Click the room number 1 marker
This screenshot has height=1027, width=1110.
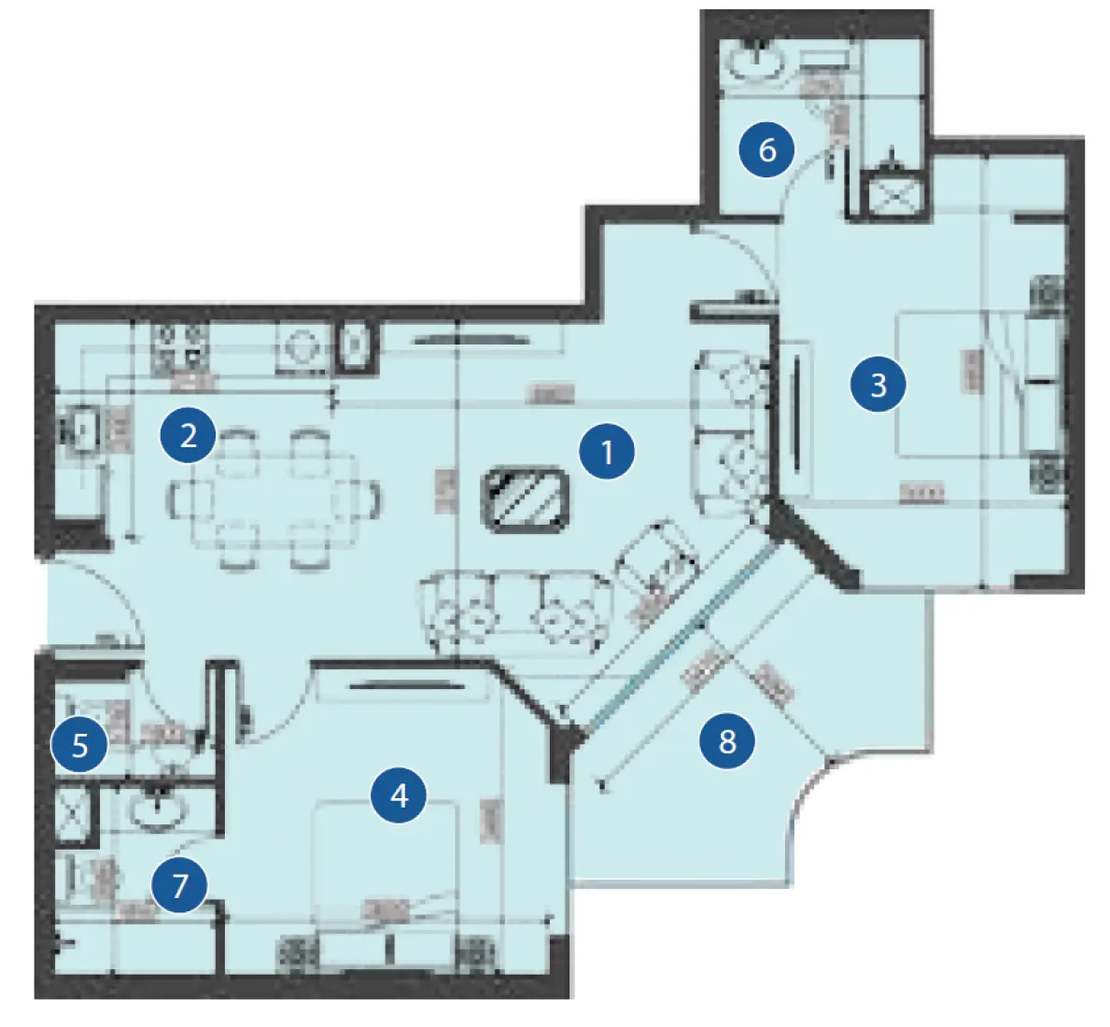[x=607, y=452]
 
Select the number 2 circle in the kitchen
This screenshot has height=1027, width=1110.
[x=189, y=435]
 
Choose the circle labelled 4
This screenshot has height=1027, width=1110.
[x=400, y=795]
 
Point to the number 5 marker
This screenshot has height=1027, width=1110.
[x=80, y=745]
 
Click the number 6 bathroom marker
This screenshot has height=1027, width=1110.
[x=767, y=149]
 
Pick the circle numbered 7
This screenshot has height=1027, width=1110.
[x=180, y=884]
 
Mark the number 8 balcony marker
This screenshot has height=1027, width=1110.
[x=727, y=741]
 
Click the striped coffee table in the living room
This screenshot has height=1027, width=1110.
[x=526, y=499]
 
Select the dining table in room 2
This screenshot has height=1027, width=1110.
[x=275, y=499]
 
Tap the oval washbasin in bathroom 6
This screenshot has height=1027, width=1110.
[x=756, y=62]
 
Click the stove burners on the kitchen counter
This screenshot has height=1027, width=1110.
[x=179, y=345]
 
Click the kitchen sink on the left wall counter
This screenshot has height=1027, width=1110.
[x=82, y=430]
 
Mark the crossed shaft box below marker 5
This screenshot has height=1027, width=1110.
[x=74, y=812]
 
